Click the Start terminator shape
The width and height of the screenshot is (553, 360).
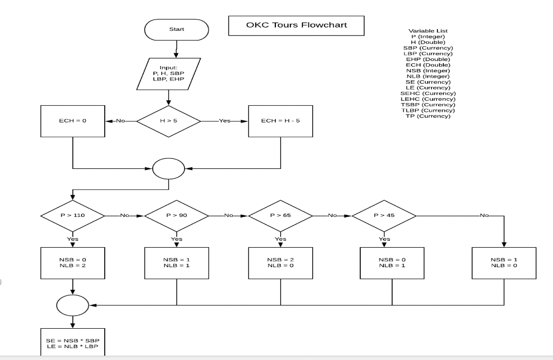(176, 29)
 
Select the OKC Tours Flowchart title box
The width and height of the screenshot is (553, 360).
(296, 25)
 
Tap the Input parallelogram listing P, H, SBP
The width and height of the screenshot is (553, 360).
(169, 73)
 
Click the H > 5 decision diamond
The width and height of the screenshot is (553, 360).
(169, 121)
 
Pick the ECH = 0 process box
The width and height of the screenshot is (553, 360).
(72, 121)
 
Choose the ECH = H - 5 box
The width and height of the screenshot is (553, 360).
(280, 121)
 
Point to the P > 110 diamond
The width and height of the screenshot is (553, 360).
(72, 215)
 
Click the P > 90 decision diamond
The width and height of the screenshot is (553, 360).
(177, 215)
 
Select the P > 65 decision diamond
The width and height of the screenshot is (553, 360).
(280, 215)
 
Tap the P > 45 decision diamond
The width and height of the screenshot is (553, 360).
(384, 215)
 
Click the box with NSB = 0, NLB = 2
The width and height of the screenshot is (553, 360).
(72, 263)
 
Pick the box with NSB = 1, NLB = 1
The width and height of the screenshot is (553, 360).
(177, 263)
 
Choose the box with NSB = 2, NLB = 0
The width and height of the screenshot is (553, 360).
(280, 263)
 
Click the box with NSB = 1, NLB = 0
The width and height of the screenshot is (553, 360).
(504, 263)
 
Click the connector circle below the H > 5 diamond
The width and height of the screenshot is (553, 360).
(169, 169)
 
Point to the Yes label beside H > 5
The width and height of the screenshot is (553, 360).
(225, 121)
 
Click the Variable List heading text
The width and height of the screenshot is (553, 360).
(428, 31)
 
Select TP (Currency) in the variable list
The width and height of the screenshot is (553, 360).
(428, 116)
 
